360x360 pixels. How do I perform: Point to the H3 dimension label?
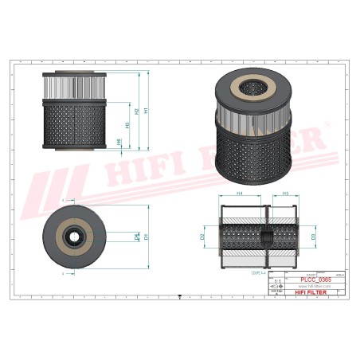coord(128,127)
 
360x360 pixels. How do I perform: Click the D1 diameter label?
coord(147,237)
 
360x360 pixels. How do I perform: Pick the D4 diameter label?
coord(137,237)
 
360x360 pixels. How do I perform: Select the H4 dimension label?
coord(240,194)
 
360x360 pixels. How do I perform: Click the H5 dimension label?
coord(284,194)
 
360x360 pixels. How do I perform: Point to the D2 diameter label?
coord(203,237)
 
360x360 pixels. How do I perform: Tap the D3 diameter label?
coord(313,237)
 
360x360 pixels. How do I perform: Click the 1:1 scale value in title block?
coord(276,282)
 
